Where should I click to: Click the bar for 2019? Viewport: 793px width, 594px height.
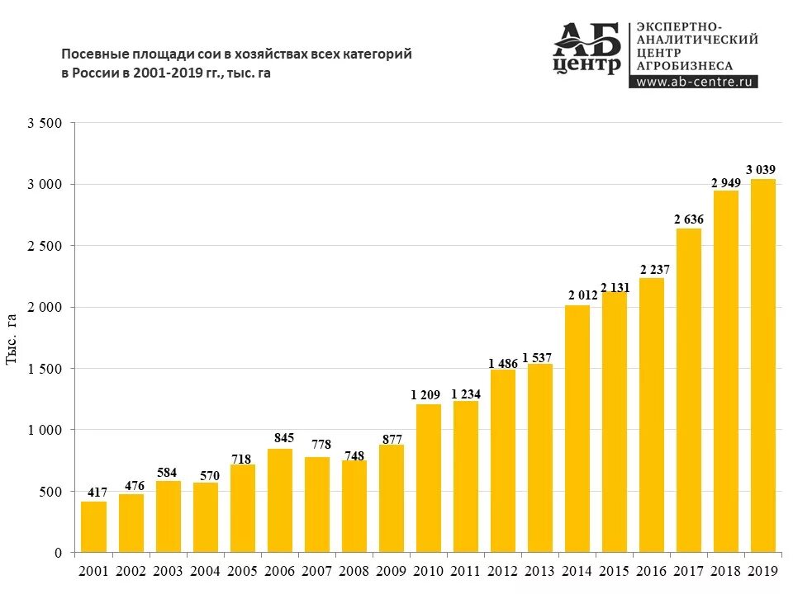coord(762,365)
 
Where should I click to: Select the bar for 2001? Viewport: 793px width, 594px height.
coord(93,526)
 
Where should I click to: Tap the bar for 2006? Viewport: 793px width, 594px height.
coord(279,500)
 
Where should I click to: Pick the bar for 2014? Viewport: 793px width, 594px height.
coord(577,428)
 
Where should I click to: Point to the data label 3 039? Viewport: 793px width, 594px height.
coord(761,170)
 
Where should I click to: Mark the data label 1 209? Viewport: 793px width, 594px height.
coord(425,394)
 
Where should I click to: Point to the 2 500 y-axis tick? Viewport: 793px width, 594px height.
coord(44,246)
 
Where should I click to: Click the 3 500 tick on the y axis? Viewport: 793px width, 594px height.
coord(44,123)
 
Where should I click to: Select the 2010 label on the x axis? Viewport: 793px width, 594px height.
coord(429,570)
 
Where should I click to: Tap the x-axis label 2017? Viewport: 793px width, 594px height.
coord(688,570)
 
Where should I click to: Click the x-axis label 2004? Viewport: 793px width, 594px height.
coord(206,570)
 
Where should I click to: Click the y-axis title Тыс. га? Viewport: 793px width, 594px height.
coord(12,338)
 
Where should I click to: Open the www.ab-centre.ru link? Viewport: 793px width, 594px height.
coord(692,82)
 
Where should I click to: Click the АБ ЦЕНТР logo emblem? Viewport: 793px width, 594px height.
coord(586,49)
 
